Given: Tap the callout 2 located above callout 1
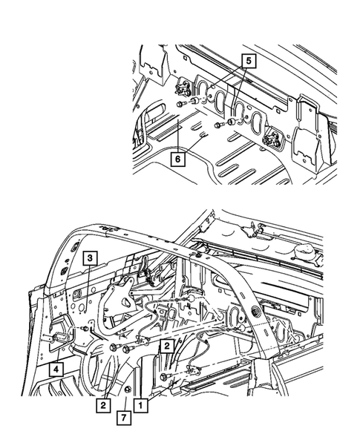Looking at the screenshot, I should (x=168, y=345).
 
